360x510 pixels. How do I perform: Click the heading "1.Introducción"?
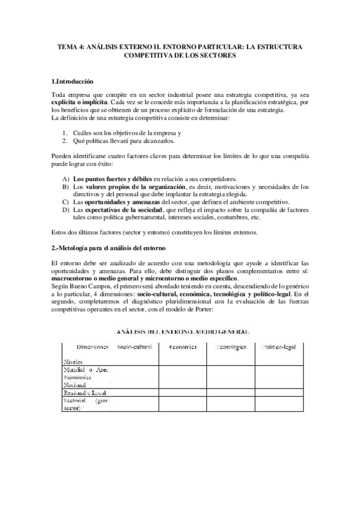(x=72, y=81)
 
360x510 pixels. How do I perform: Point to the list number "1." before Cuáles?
(x=66, y=131)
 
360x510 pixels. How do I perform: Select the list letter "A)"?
(x=65, y=179)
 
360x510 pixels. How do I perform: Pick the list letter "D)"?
(x=65, y=210)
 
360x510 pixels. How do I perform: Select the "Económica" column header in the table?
(x=182, y=347)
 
